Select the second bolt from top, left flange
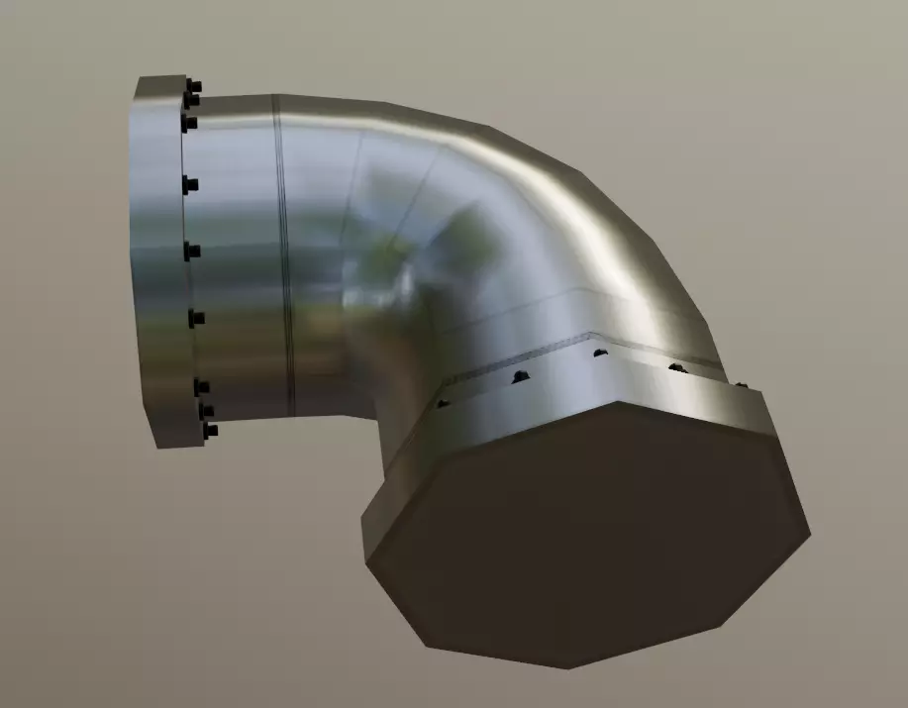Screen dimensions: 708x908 pyautogui.click(x=191, y=100)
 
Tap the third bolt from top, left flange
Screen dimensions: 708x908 pyautogui.click(x=189, y=124)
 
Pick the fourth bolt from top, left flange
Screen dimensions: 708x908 pyautogui.click(x=190, y=184)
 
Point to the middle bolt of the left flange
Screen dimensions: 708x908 pyautogui.click(x=192, y=251)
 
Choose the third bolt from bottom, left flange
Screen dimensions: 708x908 pyautogui.click(x=201, y=387)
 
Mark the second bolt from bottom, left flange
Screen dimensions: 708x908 pyautogui.click(x=206, y=409)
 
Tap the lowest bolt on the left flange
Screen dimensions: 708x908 pyautogui.click(x=209, y=432)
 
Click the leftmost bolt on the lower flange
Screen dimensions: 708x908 pyautogui.click(x=443, y=403)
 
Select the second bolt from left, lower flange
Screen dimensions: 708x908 pyautogui.click(x=516, y=376)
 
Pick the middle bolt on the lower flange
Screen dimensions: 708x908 pyautogui.click(x=598, y=353)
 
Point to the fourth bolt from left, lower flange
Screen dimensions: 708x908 pyautogui.click(x=677, y=368)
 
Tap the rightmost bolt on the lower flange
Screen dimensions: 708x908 pyautogui.click(x=740, y=384)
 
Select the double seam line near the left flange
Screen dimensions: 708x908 pyautogui.click(x=284, y=257)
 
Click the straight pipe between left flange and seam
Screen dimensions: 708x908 pyautogui.click(x=238, y=248)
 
